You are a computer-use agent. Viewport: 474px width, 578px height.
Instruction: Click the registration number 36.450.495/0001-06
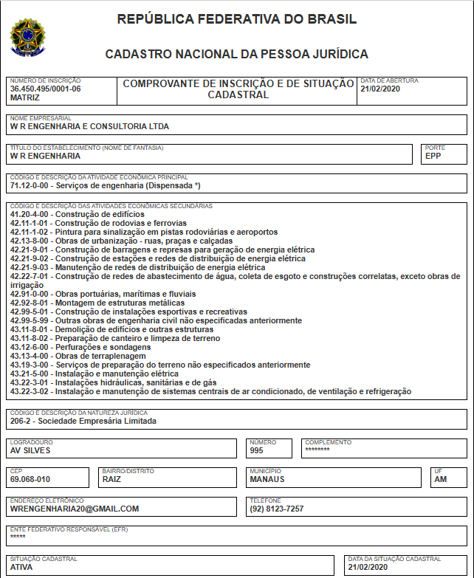click(45, 89)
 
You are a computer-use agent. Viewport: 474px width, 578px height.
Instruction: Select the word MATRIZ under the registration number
click(25, 97)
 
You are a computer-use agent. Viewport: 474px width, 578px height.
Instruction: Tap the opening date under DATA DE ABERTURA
click(379, 89)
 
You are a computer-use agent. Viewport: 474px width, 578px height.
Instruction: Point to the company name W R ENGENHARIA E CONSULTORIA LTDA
click(89, 126)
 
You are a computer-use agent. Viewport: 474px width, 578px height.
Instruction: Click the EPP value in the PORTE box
click(433, 156)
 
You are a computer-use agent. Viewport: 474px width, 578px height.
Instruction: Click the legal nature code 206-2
click(22, 422)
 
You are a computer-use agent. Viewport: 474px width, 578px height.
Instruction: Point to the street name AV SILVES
click(30, 450)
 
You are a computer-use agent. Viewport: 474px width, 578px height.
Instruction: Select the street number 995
click(257, 450)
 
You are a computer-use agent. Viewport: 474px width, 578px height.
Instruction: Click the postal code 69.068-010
click(30, 479)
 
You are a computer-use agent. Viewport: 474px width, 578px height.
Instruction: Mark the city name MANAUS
click(267, 479)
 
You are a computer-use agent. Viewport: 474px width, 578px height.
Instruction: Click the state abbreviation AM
click(441, 479)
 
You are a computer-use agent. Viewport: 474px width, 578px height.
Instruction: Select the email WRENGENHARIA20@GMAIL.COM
click(75, 509)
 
